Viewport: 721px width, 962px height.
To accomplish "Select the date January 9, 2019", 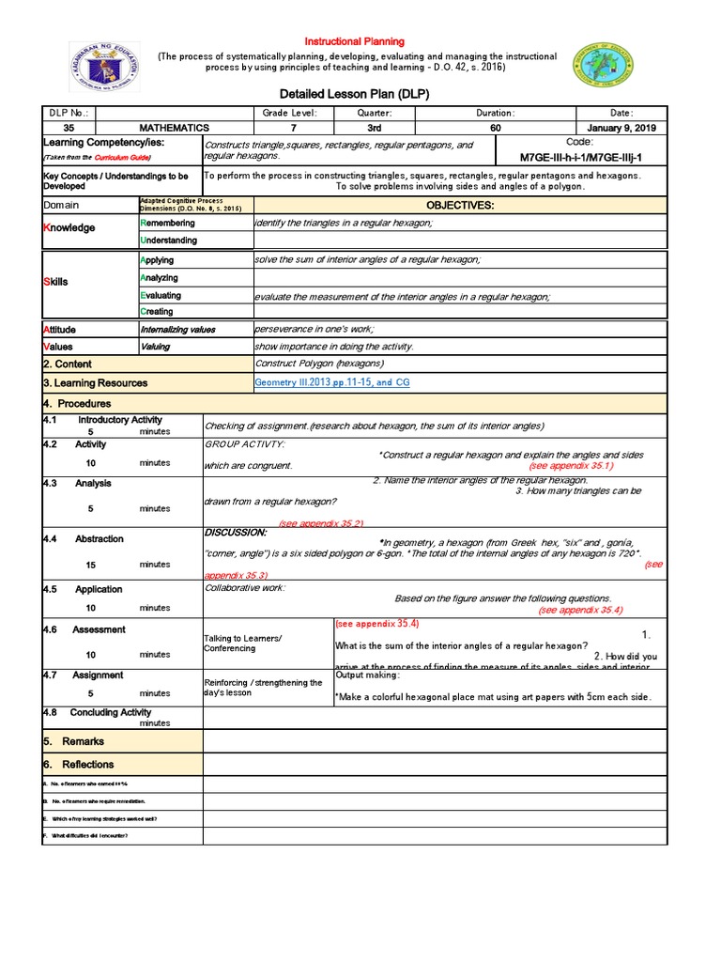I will (621, 128).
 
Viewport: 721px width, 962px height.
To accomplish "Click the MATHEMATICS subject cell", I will (175, 128).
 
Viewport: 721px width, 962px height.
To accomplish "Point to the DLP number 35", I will (69, 128).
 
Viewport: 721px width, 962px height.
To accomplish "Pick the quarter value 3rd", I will (374, 128).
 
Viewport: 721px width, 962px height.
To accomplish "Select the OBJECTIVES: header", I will (460, 205).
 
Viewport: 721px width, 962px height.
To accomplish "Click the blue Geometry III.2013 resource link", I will (332, 383).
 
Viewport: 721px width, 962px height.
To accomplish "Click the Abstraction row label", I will (100, 539).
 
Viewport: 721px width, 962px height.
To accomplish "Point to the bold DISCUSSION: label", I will (236, 533).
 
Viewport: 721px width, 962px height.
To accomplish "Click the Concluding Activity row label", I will (111, 713).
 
